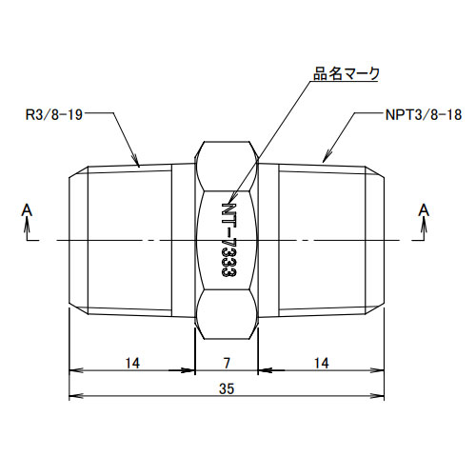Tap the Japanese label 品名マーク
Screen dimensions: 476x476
(347, 73)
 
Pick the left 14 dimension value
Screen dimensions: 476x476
(131, 363)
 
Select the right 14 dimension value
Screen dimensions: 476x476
(322, 363)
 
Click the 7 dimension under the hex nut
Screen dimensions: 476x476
(227, 363)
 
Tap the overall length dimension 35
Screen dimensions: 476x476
(227, 387)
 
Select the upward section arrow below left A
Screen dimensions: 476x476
(27, 226)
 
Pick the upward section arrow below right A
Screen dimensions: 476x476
(424, 226)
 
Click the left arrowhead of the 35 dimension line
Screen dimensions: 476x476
(72, 395)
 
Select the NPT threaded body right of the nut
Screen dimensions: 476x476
(324, 238)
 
